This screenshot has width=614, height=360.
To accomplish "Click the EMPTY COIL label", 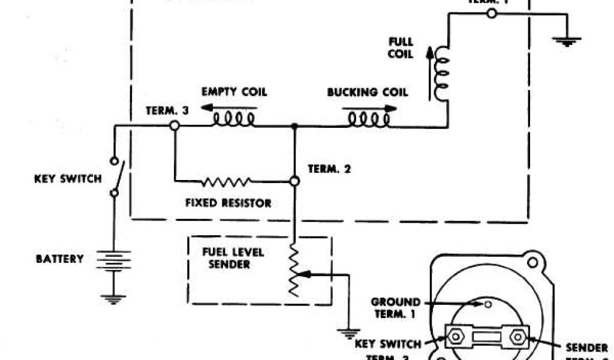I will (x=234, y=92).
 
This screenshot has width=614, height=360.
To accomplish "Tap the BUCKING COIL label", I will (x=367, y=92).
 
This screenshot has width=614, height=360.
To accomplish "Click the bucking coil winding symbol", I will (x=369, y=120).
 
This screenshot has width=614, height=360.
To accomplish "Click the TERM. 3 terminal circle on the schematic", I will (x=174, y=126).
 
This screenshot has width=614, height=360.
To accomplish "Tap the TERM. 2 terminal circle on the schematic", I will (x=294, y=180).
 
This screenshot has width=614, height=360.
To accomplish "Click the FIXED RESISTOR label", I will (x=228, y=203).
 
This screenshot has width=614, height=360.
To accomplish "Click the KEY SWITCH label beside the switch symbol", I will (x=68, y=179).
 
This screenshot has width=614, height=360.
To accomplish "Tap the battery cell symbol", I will (x=113, y=260).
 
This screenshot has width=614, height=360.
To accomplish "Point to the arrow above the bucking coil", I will (x=369, y=108).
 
